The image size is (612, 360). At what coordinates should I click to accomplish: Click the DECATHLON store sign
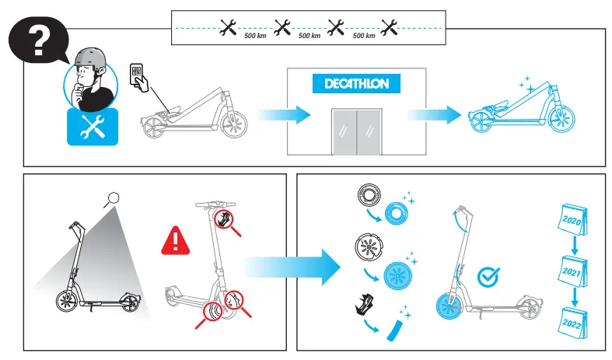click(x=355, y=84)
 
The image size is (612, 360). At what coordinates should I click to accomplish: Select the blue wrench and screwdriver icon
click(x=93, y=127)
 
